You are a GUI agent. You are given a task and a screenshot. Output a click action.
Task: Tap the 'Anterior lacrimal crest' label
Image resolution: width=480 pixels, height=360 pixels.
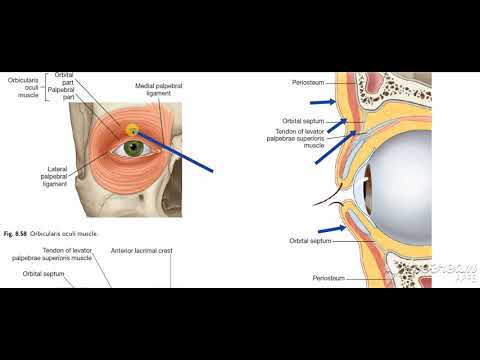(x=141, y=250)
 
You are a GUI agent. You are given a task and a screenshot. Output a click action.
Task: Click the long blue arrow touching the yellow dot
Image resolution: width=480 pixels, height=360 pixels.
(x=175, y=151)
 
